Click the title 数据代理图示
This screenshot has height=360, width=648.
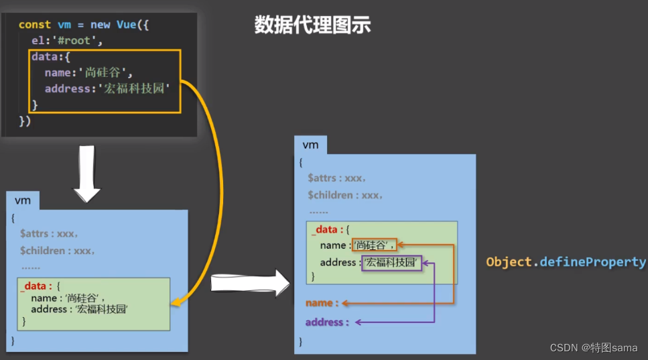[312, 25]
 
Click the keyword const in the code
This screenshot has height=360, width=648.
[34, 24]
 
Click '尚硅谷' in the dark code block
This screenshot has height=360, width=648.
[109, 73]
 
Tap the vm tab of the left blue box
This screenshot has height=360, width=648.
[23, 200]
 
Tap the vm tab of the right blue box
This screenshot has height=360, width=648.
[310, 145]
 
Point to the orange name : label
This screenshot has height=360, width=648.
[322, 303]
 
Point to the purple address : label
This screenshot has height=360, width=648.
[327, 322]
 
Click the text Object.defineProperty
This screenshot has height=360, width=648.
[566, 262]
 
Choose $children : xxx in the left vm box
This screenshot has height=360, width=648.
[57, 250]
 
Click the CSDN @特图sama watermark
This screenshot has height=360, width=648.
[593, 347]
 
